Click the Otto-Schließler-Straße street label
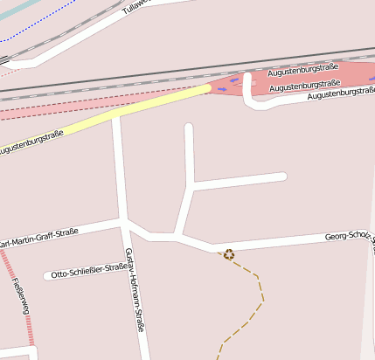point(90,271)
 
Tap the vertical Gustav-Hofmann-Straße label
point(134,292)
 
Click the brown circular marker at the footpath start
point(229,254)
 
